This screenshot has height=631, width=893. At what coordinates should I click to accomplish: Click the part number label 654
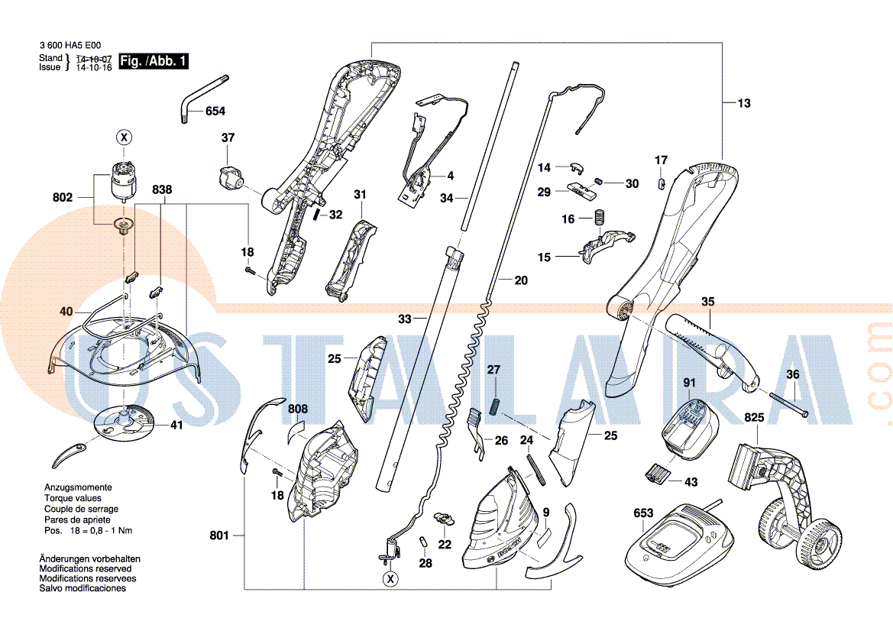[x=215, y=111]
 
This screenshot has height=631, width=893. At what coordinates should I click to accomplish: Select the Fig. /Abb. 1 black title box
[x=154, y=61]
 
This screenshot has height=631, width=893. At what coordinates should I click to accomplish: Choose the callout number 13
[x=744, y=103]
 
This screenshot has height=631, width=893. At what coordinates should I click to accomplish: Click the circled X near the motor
[x=124, y=138]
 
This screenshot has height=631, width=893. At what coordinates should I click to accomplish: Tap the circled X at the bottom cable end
[x=390, y=579]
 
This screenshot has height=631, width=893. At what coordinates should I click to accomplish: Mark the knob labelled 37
[x=231, y=177]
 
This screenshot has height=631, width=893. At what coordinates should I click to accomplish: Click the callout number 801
[x=219, y=536]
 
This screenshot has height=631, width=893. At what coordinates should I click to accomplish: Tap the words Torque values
[x=73, y=498]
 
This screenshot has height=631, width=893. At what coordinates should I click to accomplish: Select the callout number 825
[x=755, y=417]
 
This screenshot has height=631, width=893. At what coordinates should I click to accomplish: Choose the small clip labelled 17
[x=662, y=183]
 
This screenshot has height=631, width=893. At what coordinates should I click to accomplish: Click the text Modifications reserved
[x=86, y=569]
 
